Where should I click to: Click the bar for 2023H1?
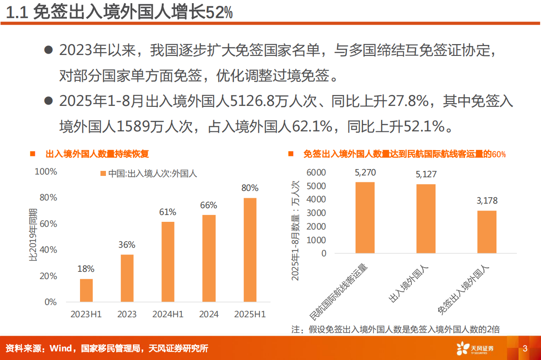[86, 290]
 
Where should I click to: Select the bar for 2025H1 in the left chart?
[250, 250]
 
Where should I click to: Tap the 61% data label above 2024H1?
[168, 212]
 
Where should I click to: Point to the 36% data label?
[127, 245]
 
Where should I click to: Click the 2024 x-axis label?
[209, 314]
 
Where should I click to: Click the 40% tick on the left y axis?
[48, 250]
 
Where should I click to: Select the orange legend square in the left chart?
[103, 174]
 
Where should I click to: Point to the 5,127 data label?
[426, 175]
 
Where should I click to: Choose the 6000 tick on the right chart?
[316, 172]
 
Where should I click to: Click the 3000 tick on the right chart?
[316, 213]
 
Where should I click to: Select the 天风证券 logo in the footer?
[475, 349]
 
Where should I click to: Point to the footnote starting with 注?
[395, 329]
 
